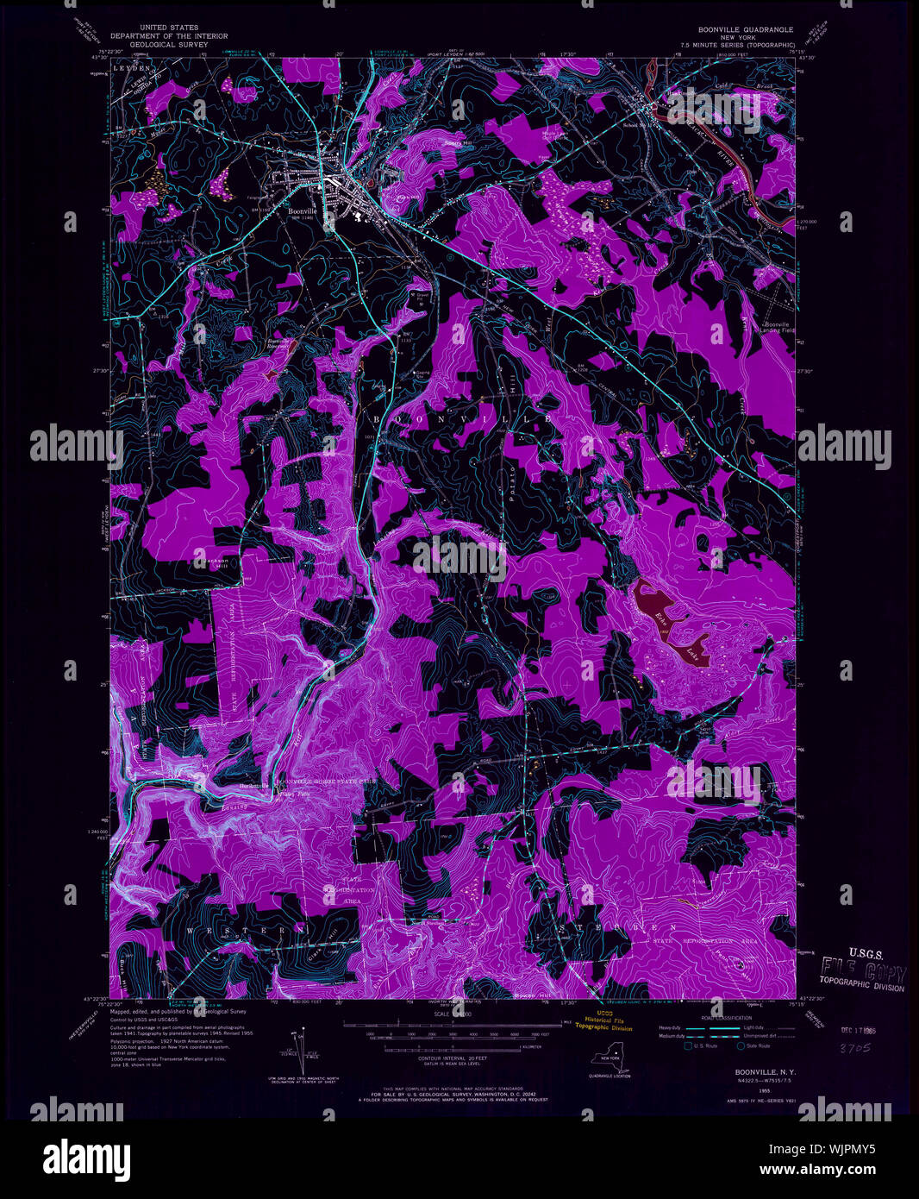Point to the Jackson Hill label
[x=216, y=562]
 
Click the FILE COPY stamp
[x=862, y=968]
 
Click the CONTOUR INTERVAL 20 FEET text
[x=441, y=1058]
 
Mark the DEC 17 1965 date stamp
[x=866, y=1030]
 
